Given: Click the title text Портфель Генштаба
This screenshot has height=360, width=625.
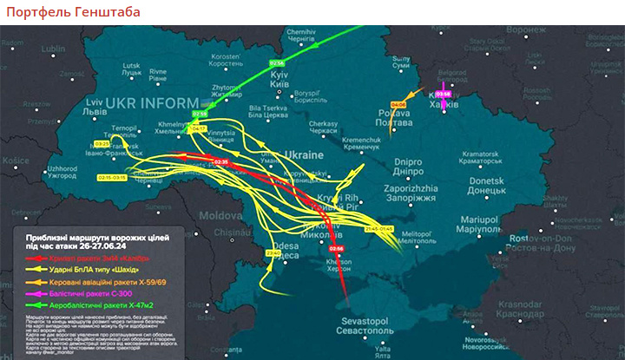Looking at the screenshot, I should (x=72, y=12).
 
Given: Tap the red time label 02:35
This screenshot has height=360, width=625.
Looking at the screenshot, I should (x=220, y=161).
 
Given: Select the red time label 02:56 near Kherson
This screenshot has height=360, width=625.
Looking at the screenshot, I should (x=337, y=249).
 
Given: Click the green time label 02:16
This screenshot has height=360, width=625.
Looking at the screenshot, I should (x=277, y=63).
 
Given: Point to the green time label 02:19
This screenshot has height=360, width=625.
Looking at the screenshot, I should (x=201, y=114).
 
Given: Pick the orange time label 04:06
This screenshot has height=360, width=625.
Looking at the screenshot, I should (x=398, y=104).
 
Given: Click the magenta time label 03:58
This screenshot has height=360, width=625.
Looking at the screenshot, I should (x=444, y=93).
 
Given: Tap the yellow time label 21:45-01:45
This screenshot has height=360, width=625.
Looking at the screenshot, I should (x=379, y=228).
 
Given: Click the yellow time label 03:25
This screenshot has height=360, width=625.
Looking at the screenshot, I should (x=102, y=143).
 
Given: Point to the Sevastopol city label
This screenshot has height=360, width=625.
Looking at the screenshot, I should (x=359, y=328).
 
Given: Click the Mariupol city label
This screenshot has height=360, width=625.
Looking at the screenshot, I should (x=475, y=225).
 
